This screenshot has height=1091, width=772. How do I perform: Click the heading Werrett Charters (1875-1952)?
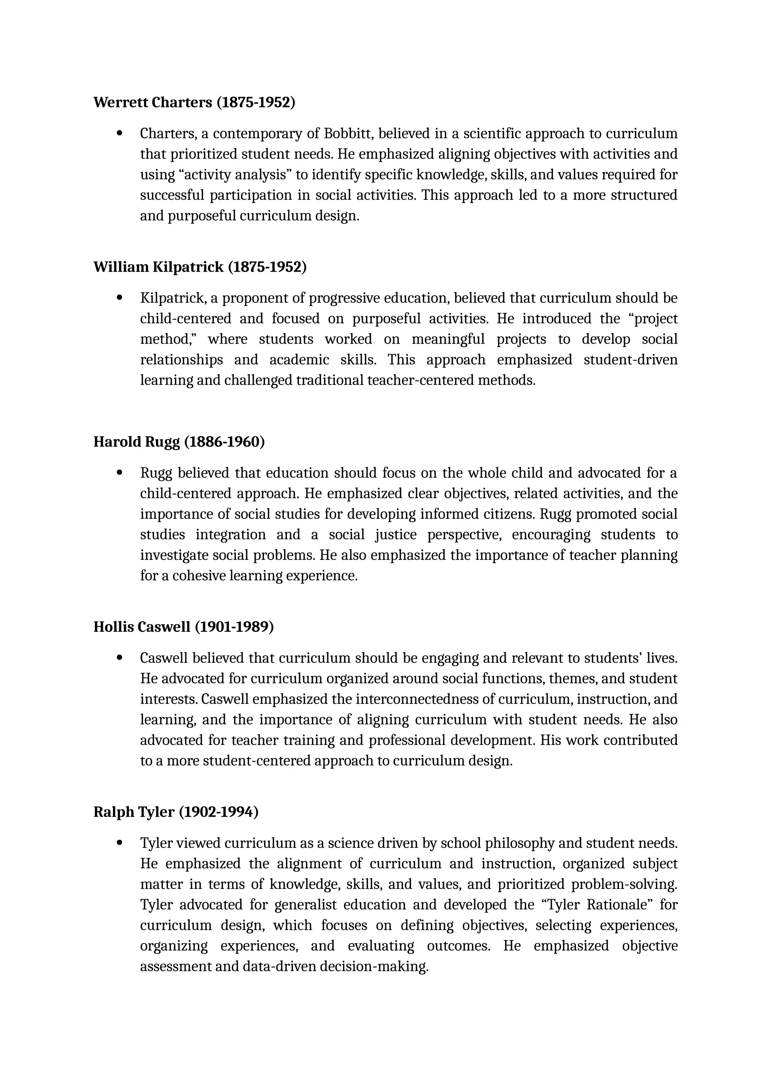coord(194,102)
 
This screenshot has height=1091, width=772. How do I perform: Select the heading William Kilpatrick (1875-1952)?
coord(200,267)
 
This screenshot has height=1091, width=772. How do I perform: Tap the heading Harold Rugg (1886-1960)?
coord(179,442)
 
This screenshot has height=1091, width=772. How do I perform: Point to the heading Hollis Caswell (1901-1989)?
coord(184,627)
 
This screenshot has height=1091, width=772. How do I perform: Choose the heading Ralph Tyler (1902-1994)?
coord(176,812)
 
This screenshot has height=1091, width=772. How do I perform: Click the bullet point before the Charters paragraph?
coord(119,133)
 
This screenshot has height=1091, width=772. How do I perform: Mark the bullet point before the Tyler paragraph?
coord(119,843)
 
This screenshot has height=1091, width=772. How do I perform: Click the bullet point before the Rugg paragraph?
coord(119,473)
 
